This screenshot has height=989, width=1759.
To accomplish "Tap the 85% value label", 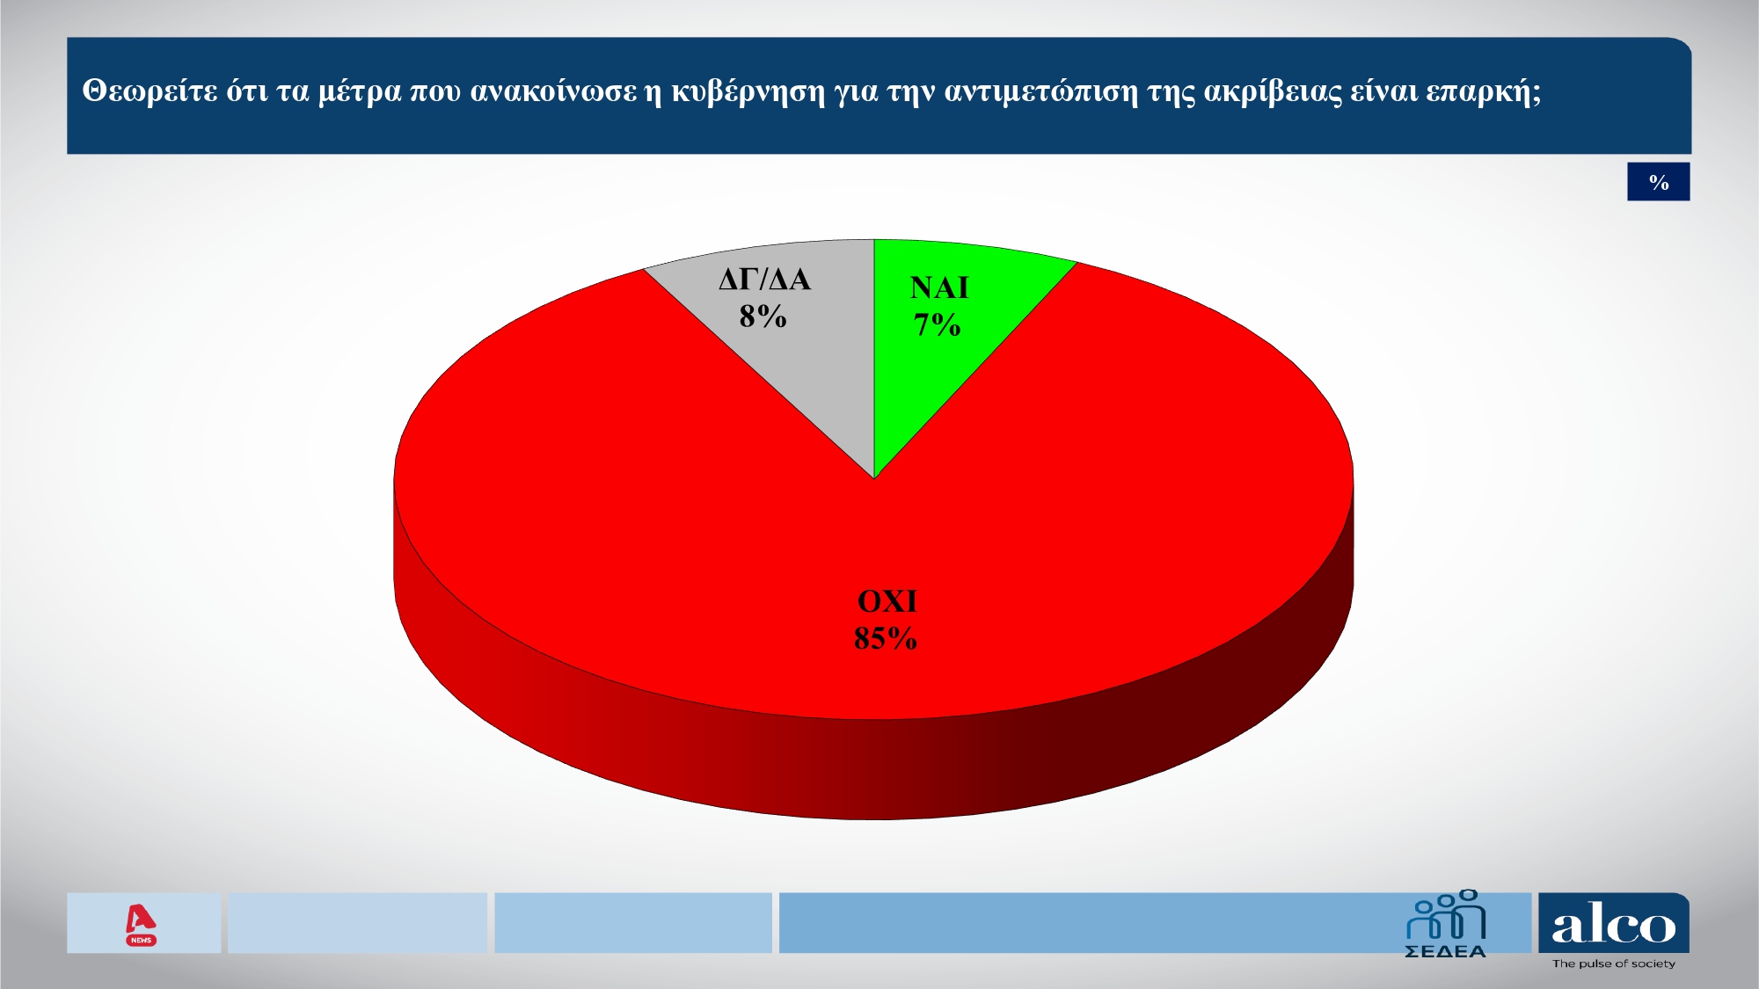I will click(x=885, y=638).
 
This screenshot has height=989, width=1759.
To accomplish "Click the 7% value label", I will click(x=937, y=325).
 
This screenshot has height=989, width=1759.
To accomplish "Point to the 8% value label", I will click(x=763, y=316).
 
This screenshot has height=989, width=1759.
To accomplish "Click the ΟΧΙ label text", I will click(x=887, y=601).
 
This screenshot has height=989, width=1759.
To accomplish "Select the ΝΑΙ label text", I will click(x=939, y=287).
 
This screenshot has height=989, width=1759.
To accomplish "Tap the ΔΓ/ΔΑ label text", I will click(x=764, y=280).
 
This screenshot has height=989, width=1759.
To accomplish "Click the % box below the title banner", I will click(x=1658, y=182).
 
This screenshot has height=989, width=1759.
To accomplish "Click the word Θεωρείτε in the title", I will click(x=150, y=91).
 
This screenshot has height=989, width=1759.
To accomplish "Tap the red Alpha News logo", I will click(x=141, y=924).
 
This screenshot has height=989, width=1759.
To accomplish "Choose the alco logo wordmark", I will click(x=1613, y=926).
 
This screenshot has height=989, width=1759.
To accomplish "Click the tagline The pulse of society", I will click(x=1613, y=964).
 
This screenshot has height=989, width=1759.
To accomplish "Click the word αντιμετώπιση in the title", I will click(x=1041, y=91).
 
